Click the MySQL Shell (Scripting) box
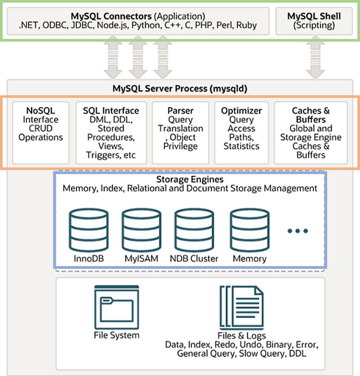[x=314, y=21]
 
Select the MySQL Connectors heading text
[x=111, y=16]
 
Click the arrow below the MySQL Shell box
[x=315, y=58]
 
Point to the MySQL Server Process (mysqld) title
[x=180, y=88]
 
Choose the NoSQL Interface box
[x=41, y=133]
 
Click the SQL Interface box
[x=111, y=133]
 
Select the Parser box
[x=180, y=133]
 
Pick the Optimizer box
[x=241, y=133]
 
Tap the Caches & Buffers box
[x=311, y=133]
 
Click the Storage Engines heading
[x=190, y=179]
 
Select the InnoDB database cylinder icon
[x=89, y=230]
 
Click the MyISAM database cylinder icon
[x=141, y=230]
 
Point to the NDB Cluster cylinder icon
[x=194, y=230]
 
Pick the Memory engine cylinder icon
[x=250, y=230]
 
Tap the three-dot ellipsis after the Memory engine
[x=298, y=231]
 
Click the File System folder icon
[x=117, y=307]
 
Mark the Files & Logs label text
[x=242, y=336]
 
